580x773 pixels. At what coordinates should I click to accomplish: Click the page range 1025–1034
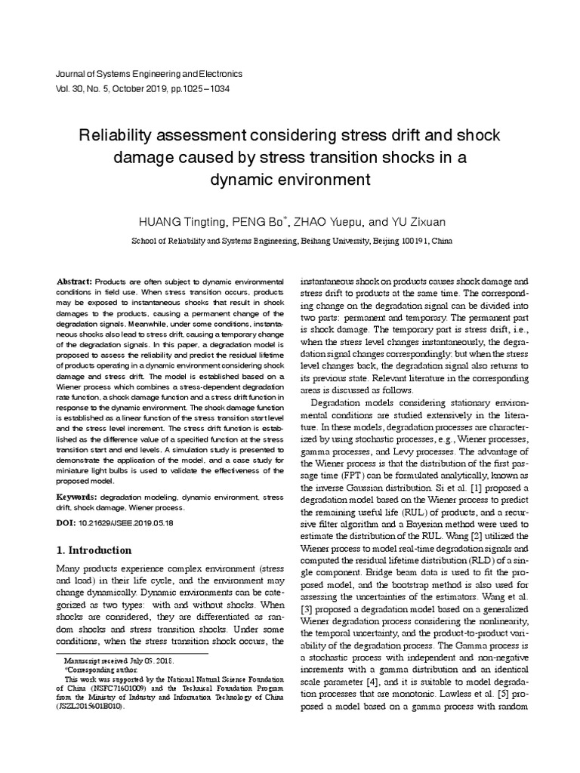tap(204, 88)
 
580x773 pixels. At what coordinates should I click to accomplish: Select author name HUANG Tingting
tap(181, 222)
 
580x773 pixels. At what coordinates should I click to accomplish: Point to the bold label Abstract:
tap(74, 281)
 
